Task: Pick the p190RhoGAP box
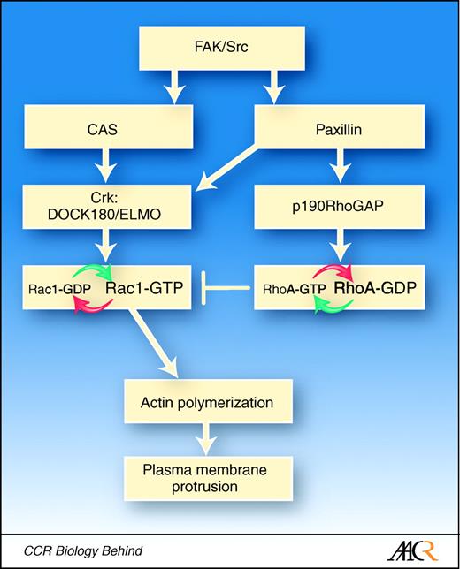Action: (332, 206)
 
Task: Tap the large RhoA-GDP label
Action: (375, 287)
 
